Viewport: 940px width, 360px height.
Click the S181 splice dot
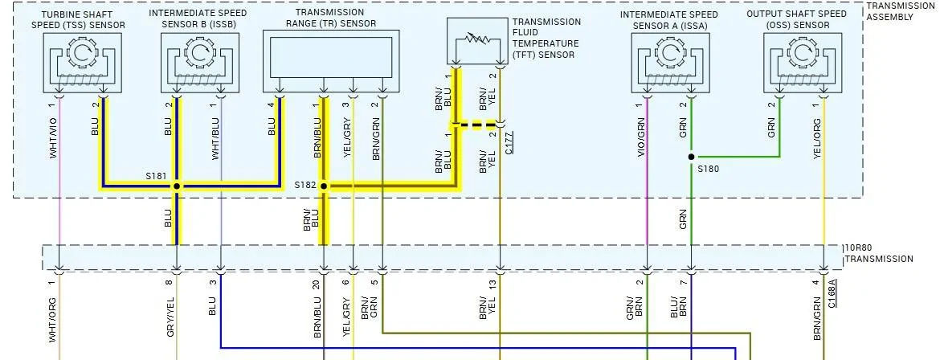(x=176, y=186)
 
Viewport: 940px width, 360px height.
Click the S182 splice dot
(x=324, y=186)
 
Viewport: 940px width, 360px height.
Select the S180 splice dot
(x=691, y=157)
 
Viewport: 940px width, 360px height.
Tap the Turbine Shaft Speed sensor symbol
(x=82, y=63)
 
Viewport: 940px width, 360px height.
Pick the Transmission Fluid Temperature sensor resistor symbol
(x=477, y=41)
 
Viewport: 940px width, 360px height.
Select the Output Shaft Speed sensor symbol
(x=803, y=63)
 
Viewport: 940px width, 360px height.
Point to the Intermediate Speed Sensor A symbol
(x=670, y=63)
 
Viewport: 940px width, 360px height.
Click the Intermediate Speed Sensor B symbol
(x=199, y=63)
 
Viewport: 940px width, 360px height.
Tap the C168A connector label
(x=832, y=293)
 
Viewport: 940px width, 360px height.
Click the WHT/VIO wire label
(x=53, y=137)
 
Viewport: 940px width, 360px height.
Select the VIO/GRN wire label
(x=641, y=137)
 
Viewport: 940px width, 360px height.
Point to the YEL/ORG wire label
(x=817, y=138)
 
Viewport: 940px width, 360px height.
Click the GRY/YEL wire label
(x=170, y=316)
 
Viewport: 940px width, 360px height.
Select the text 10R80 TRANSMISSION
(x=878, y=253)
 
